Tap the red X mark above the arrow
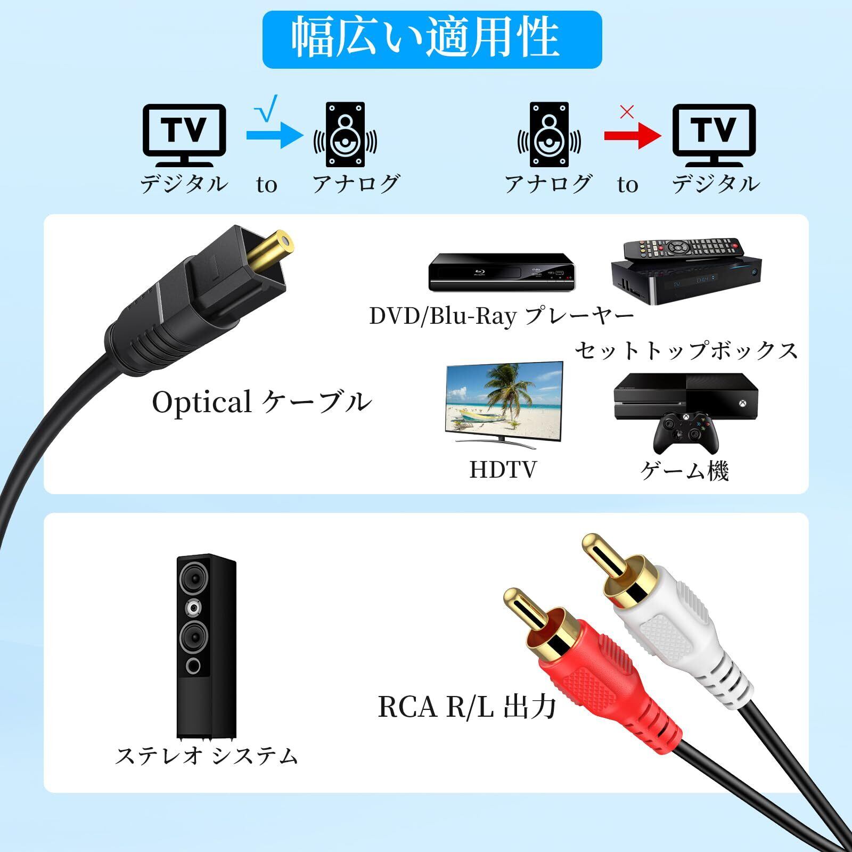627,112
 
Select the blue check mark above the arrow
266,110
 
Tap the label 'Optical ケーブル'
261,402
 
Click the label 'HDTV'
503,470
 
